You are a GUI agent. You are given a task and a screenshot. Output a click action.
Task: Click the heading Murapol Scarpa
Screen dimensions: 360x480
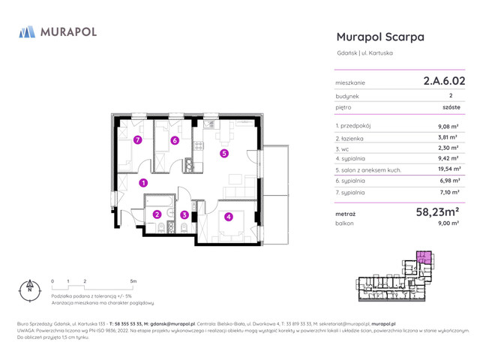click(x=380, y=37)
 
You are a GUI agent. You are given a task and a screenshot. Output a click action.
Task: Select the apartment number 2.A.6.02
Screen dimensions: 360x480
click(x=444, y=79)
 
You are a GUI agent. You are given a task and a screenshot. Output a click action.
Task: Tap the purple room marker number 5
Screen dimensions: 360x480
click(x=223, y=154)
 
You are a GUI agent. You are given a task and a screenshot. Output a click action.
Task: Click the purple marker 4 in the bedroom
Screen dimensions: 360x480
click(x=228, y=217)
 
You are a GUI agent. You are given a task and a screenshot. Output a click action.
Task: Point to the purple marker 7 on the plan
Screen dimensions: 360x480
click(x=137, y=140)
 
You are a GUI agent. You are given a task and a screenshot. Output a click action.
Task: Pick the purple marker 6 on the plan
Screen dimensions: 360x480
click(x=174, y=140)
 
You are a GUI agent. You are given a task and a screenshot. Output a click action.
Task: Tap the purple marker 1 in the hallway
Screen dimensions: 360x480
click(x=143, y=182)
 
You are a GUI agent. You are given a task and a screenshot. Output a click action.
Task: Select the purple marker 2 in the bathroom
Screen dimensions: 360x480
click(x=157, y=215)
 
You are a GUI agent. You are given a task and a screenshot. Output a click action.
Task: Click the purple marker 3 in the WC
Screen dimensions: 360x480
click(x=184, y=215)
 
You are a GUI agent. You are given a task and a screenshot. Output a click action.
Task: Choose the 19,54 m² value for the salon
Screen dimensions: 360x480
click(x=449, y=169)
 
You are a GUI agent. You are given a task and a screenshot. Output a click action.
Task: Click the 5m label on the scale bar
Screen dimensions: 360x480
click(x=133, y=280)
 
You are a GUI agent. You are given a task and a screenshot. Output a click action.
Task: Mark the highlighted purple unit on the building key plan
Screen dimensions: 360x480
click(x=424, y=258)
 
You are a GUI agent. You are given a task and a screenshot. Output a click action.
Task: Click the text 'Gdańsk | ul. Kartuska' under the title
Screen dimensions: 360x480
click(x=364, y=52)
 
